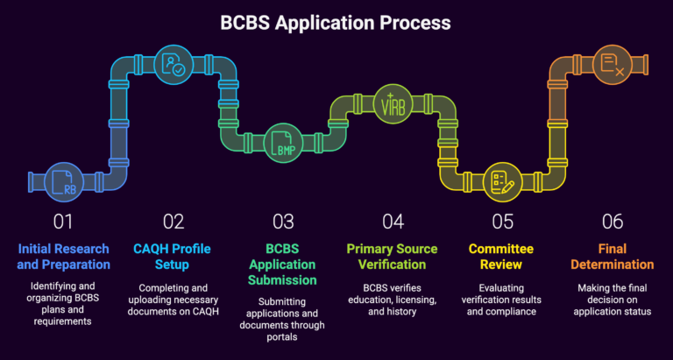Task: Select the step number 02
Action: click(x=173, y=222)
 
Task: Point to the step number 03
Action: click(x=282, y=222)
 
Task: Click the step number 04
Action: click(x=392, y=222)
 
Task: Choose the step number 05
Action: click(x=501, y=222)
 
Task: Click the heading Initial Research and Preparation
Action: click(x=63, y=256)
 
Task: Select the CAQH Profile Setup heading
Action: click(x=173, y=256)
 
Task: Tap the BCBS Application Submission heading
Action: click(x=282, y=263)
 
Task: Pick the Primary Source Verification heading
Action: click(x=392, y=256)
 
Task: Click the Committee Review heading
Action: click(x=501, y=256)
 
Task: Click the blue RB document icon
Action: click(x=63, y=180)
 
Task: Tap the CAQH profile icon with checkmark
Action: click(x=170, y=64)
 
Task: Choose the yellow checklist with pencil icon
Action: click(x=499, y=180)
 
